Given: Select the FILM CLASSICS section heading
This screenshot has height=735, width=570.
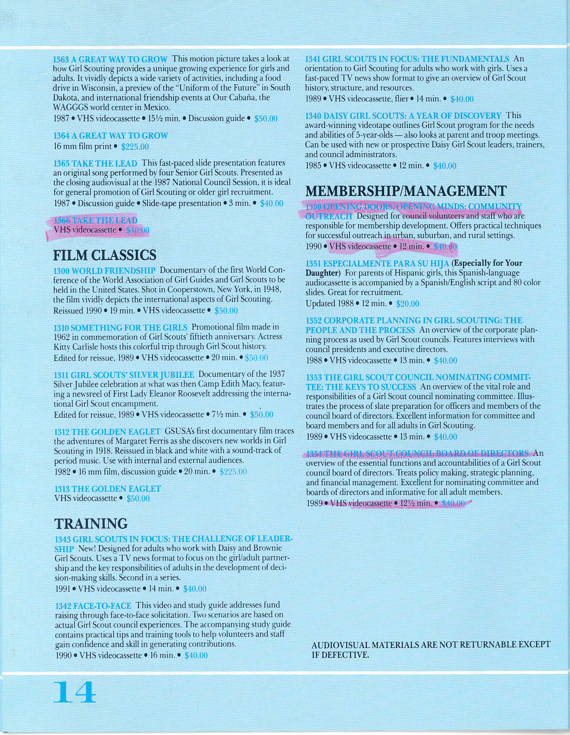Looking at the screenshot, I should coord(105,255).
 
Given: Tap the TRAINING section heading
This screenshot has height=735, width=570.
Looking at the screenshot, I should coord(91,524).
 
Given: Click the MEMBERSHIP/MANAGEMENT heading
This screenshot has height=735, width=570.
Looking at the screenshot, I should coord(405,191).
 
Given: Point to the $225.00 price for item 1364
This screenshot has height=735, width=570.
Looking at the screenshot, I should coord(134,147).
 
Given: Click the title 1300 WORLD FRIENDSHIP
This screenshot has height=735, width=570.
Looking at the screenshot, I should coord(105,271).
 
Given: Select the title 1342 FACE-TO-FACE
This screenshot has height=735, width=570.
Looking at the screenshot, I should coord(93,606).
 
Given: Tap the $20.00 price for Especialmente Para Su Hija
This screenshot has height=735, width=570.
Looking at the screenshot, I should coord(407,304).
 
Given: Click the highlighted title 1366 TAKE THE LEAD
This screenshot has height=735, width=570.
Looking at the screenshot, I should coord(96,220).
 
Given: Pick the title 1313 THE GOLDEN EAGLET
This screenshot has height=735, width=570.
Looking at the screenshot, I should coord(107,489).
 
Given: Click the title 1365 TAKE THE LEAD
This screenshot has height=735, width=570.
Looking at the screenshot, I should coord(95,163).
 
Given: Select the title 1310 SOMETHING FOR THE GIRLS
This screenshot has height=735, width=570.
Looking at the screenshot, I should coord(120,327).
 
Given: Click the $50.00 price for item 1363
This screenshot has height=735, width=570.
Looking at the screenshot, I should coord(265,119).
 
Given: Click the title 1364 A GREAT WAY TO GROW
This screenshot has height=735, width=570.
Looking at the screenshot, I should coord(111,136).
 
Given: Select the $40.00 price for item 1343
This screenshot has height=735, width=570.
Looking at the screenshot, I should coord(195,589).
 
